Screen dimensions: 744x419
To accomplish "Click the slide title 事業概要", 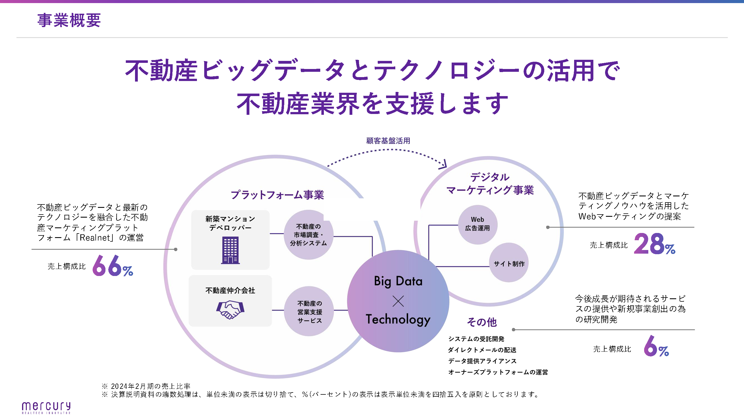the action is coord(69,20).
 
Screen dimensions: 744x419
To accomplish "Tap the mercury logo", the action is coord(46,408).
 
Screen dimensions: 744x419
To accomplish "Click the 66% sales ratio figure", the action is coord(113,265).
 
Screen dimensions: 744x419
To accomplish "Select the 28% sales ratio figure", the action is coord(654,244).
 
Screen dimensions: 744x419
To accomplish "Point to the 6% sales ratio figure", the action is coord(656,346).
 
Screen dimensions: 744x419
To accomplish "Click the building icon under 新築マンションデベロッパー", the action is coord(230,250).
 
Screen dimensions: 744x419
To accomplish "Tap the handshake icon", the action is coord(230,310).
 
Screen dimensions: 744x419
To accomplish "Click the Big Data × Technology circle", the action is coord(398,301).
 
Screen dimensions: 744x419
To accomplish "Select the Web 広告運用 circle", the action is coord(477,224).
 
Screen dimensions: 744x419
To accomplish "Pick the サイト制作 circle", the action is coord(509,263).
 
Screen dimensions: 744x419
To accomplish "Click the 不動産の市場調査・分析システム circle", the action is coord(309,235).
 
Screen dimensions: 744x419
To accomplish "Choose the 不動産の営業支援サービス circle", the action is coord(309,311).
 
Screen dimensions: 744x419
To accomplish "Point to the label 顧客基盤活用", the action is coord(388,141).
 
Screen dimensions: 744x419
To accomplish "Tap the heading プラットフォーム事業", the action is coord(277,195).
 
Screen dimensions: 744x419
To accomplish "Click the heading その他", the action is coord(482,322).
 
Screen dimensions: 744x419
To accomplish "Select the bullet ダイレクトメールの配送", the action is coord(482,350).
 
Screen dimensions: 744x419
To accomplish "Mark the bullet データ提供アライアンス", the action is coord(482,361).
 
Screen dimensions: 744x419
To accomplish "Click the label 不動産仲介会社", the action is coord(230,290).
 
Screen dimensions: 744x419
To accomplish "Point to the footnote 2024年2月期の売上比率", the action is coord(150,386).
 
